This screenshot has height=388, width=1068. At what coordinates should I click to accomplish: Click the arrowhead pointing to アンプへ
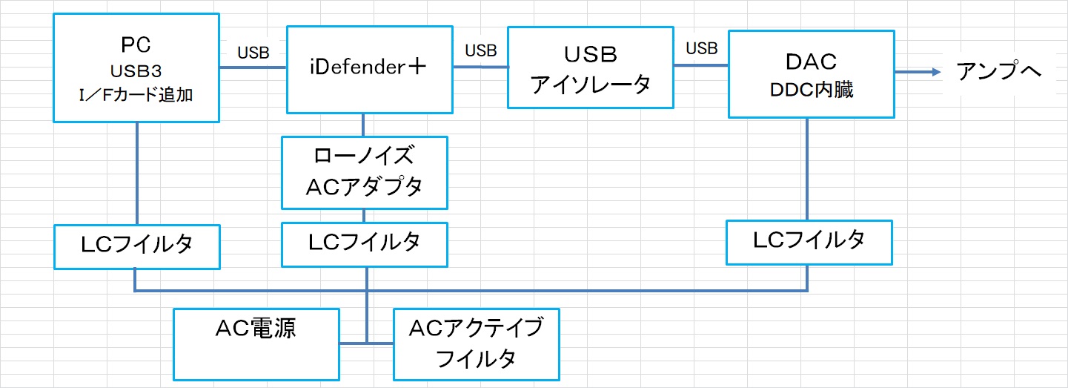pyautogui.click(x=936, y=72)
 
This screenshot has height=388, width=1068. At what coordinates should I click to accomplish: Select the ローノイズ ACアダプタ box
pyautogui.click(x=364, y=172)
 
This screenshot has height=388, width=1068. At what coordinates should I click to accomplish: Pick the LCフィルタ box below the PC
pyautogui.click(x=137, y=246)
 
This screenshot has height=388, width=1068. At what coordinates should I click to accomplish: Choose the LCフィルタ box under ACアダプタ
pyautogui.click(x=364, y=244)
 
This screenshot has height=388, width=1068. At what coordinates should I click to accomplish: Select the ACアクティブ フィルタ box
pyautogui.click(x=476, y=343)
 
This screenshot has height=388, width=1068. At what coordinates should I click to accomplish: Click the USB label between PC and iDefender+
pyautogui.click(x=253, y=53)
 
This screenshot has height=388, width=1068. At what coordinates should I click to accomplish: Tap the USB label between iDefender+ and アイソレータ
pyautogui.click(x=481, y=50)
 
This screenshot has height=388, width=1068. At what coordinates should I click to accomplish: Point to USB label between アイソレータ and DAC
pyautogui.click(x=701, y=49)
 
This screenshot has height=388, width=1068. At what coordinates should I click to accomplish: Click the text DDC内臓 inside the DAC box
pyautogui.click(x=811, y=90)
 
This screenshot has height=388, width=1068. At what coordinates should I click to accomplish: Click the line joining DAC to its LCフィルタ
pyautogui.click(x=807, y=168)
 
